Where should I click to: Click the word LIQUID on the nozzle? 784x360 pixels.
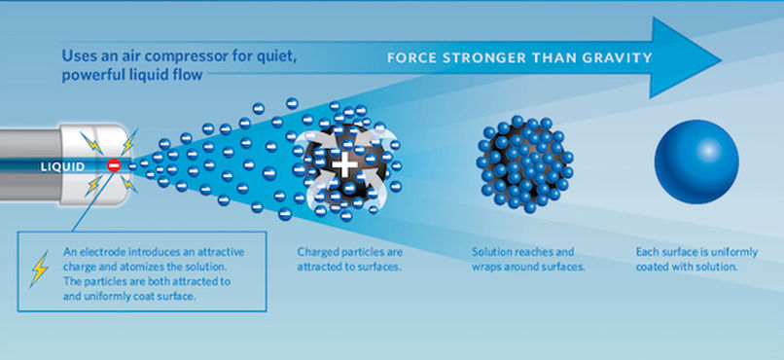62,166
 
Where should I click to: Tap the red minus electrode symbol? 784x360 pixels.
114,165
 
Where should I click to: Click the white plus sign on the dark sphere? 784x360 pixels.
344,165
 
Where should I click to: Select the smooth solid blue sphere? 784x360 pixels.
696,162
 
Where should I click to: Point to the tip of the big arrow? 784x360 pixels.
721,59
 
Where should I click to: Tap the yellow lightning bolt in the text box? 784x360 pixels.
39,269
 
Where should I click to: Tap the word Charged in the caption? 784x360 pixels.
317,253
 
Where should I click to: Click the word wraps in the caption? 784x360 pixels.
485,267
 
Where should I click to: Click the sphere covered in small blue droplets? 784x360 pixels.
525,164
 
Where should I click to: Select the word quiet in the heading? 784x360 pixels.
280,56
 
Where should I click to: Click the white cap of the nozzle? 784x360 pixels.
96,164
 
